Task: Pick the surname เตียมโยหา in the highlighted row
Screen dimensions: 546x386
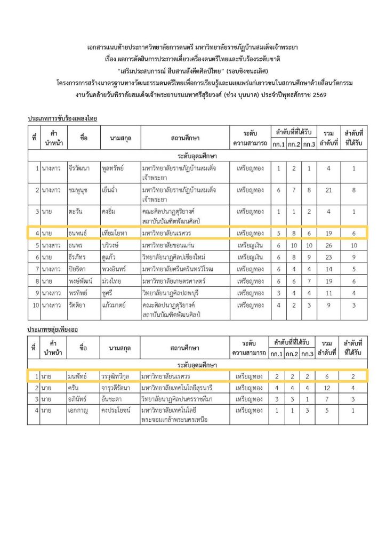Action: click(x=115, y=233)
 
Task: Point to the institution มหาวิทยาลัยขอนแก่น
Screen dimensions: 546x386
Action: click(x=170, y=246)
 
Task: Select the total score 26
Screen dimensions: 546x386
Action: click(x=329, y=246)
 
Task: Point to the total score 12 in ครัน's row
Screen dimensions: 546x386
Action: click(x=329, y=388)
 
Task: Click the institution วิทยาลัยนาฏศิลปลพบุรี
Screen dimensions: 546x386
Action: click(x=174, y=292)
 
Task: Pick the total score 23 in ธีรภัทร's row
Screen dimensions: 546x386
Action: click(x=329, y=257)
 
